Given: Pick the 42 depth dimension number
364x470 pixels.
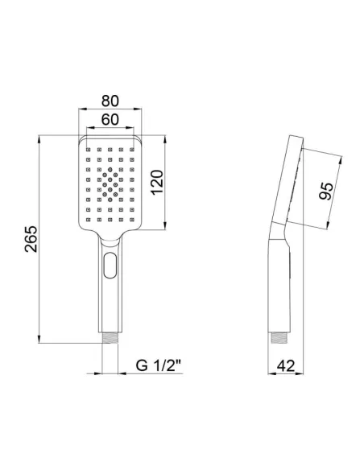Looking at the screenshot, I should click(285, 365).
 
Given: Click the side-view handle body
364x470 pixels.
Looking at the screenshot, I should click(278, 282).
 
